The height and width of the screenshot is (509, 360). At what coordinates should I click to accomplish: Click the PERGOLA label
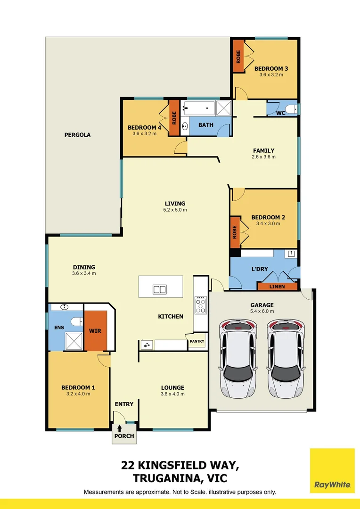pos(77,135)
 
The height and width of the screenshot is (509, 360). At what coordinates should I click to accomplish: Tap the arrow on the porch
pos(120,428)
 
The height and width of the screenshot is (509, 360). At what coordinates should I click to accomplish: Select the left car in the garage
pos(238,358)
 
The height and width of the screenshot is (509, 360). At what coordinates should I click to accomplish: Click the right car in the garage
pos(286,358)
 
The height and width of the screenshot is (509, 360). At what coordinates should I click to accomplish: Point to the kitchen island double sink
pos(159,289)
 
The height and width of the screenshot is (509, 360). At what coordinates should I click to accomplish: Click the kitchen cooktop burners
pos(201,305)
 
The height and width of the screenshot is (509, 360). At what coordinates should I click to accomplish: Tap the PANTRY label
pos(197,341)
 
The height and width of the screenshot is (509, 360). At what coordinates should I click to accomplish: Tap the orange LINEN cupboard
pos(277,287)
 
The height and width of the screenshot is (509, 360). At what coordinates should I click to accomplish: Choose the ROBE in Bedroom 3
pos(238,57)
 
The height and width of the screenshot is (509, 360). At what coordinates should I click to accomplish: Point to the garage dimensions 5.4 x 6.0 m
pos(262,311)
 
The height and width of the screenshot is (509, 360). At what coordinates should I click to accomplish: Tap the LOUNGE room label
pos(172,388)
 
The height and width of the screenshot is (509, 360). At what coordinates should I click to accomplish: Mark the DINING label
pos(84,267)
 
